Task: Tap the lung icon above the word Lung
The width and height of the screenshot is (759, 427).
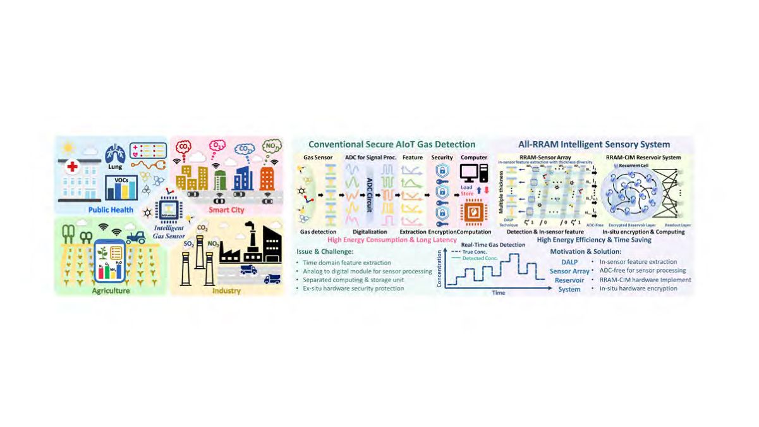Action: pos(115,154)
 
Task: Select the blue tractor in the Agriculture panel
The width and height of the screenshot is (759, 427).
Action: pos(136,237)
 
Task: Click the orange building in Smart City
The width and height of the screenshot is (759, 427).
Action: pos(267,178)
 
